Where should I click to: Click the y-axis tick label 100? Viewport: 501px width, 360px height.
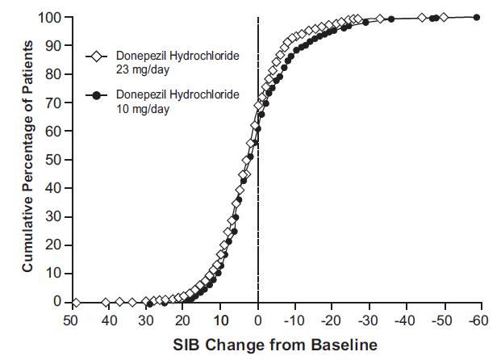pos(51,17)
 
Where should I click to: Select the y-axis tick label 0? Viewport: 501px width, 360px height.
pos(57,302)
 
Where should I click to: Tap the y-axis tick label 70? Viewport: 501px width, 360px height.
pos(54,103)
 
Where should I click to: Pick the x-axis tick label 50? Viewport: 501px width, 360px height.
pos(71,320)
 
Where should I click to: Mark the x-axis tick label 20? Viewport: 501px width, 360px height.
pos(183,320)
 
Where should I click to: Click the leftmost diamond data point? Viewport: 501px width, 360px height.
pos(76,302)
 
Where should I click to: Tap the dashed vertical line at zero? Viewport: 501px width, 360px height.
pos(258,202)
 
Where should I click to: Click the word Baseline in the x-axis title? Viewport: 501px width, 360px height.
pos(347,345)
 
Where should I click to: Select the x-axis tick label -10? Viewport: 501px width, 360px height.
pos(295,320)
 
